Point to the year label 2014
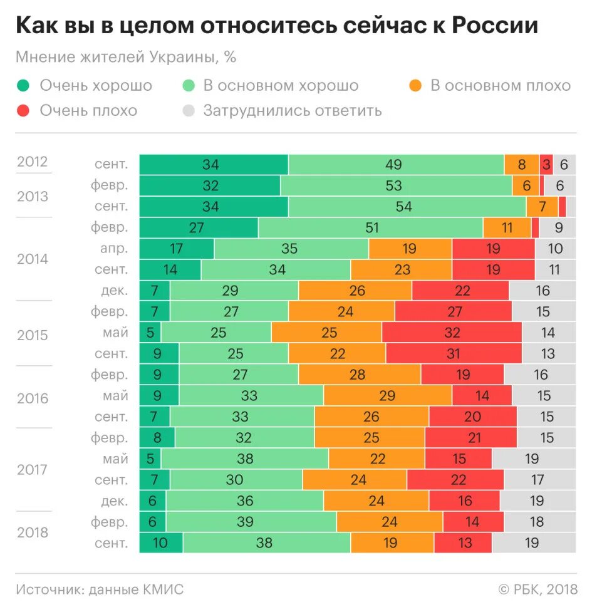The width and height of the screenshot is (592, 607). (x=33, y=259)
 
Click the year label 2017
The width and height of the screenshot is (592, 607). (x=33, y=469)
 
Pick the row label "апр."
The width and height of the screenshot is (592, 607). (x=114, y=248)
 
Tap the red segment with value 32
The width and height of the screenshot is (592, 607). (x=452, y=332)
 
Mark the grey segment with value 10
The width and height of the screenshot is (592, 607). (x=555, y=248)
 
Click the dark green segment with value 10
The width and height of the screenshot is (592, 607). (x=160, y=542)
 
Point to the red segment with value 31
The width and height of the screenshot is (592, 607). (x=454, y=353)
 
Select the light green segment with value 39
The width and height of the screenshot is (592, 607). (x=251, y=522)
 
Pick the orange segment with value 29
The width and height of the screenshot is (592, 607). (x=387, y=395)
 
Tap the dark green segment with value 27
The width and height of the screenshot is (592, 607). (x=198, y=227)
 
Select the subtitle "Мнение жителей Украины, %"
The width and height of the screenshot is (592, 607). (x=126, y=57)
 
